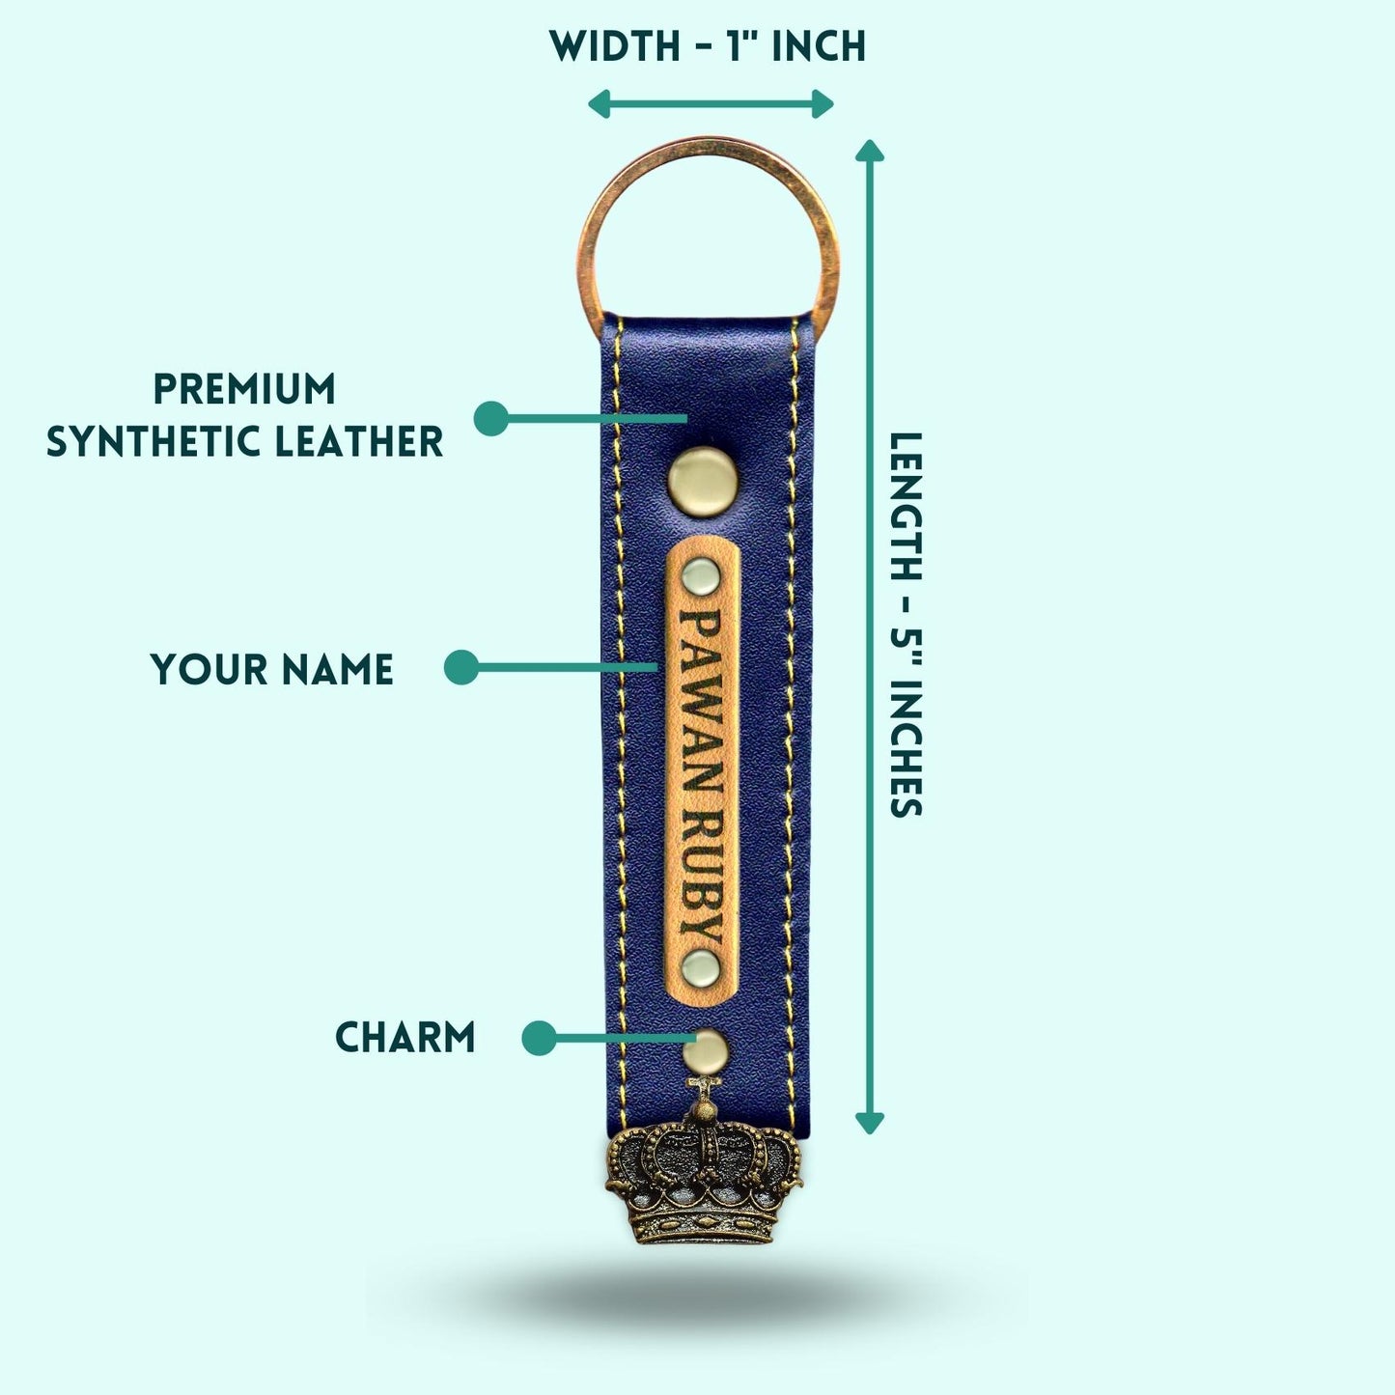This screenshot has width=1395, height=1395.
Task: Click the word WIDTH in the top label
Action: (x=615, y=47)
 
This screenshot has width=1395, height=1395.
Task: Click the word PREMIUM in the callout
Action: (x=244, y=389)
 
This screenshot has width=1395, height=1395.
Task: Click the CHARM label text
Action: (x=405, y=1038)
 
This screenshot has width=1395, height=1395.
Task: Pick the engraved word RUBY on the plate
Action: (x=702, y=879)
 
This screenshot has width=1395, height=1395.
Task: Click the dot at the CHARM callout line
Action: (x=540, y=1038)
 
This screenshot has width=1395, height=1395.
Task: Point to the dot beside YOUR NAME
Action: (x=461, y=667)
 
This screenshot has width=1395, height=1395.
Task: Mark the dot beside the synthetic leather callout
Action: (x=491, y=418)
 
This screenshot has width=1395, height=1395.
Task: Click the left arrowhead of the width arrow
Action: (x=599, y=104)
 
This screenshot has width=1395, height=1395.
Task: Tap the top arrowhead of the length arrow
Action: (x=870, y=151)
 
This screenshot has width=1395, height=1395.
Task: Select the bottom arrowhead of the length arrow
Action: (x=870, y=1123)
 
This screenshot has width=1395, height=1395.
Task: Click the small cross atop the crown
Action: (x=705, y=1086)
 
